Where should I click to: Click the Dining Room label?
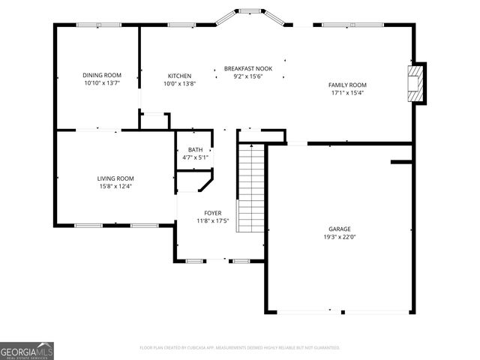[x=101, y=75]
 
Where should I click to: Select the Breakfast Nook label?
[x=247, y=68]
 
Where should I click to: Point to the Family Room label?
[x=347, y=85]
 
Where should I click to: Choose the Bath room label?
[x=195, y=149]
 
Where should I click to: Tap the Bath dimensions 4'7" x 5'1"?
[x=195, y=157]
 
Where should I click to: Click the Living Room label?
[x=115, y=178]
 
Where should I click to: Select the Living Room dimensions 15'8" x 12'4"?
[x=115, y=186]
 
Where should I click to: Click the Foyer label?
[x=212, y=212]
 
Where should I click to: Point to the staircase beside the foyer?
[x=250, y=187]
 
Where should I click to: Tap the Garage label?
[x=339, y=229]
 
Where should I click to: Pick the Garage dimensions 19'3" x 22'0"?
[x=339, y=237]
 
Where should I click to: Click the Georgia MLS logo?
[x=27, y=351]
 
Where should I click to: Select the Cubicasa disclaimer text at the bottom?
[x=240, y=348]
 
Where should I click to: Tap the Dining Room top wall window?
[x=98, y=25]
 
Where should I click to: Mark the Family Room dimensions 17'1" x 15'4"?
[x=347, y=94]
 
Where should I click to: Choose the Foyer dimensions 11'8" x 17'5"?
[x=212, y=221]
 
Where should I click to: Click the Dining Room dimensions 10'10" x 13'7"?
[x=101, y=84]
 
